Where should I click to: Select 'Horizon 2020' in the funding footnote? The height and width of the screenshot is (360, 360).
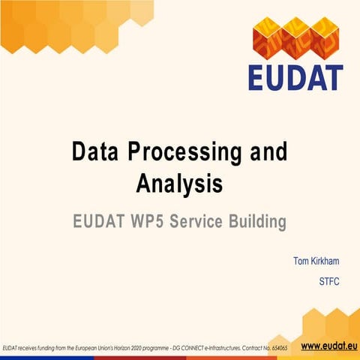coord(140,349)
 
